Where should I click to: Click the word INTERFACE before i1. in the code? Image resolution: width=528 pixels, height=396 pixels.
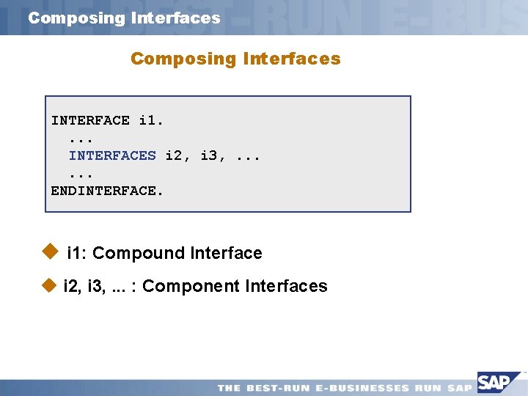pos(90,120)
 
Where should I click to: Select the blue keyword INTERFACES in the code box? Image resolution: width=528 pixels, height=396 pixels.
pos(112,155)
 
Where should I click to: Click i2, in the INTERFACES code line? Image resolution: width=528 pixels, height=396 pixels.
pos(178,155)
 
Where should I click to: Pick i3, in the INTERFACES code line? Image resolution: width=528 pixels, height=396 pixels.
pos(213,155)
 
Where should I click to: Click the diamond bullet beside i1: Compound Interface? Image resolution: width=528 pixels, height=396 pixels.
pos(50,252)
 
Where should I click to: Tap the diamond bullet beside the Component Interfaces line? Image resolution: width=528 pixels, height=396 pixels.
pos(50,285)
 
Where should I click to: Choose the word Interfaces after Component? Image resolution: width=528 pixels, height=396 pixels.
pos(287,286)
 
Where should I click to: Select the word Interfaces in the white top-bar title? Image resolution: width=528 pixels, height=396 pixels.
pos(175,18)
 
